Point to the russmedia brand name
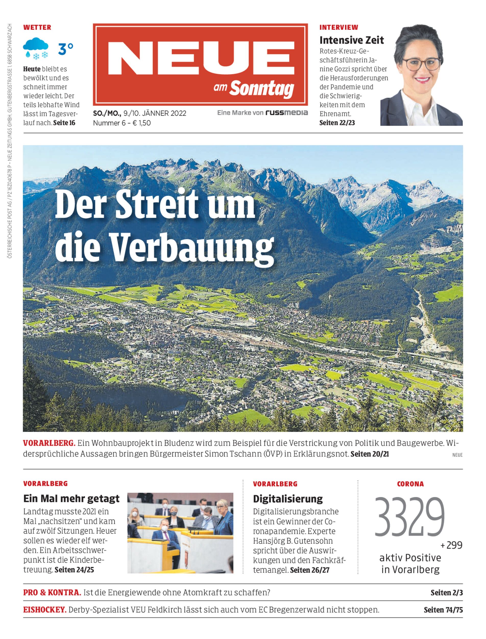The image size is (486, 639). (287, 113)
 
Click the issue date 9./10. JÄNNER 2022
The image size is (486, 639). (155, 113)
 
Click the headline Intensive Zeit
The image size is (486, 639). (351, 40)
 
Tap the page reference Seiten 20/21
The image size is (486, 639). (369, 454)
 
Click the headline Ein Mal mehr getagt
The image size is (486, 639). (71, 499)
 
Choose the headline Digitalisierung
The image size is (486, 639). (288, 499)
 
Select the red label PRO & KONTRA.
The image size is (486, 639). (52, 593)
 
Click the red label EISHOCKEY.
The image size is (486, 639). (45, 610)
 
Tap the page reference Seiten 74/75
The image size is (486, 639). (443, 610)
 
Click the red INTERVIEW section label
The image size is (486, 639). (339, 28)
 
